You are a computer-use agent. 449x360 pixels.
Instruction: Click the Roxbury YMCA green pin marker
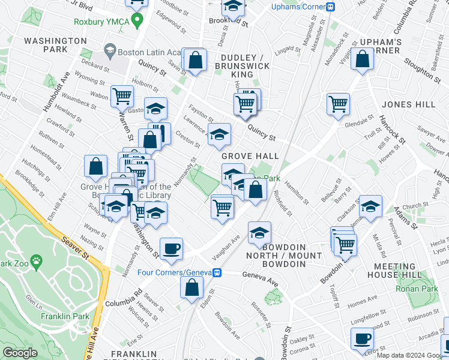click(137, 21)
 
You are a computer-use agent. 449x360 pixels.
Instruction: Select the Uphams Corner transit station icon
click(330, 7)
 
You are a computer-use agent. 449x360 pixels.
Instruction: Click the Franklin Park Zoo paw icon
click(37, 262)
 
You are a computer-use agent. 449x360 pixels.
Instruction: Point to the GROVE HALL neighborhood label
click(250, 156)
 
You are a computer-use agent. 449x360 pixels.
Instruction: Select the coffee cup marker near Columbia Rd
click(171, 248)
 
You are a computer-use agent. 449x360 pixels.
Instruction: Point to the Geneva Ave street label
click(261, 275)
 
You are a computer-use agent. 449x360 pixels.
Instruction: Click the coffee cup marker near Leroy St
click(362, 339)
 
